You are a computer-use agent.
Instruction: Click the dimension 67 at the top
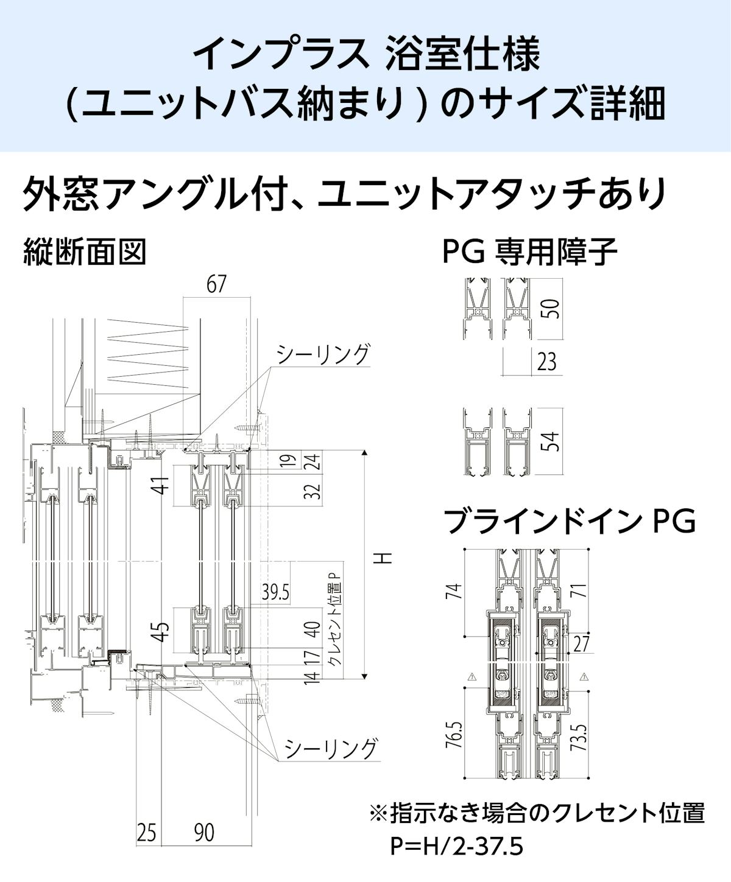point(216,284)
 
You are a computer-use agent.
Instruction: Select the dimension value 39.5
point(275,592)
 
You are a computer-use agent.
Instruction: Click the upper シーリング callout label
point(323,354)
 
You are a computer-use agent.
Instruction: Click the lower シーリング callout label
point(331,748)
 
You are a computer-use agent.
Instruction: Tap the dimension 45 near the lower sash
point(160,632)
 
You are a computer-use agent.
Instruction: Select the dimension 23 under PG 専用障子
point(546,362)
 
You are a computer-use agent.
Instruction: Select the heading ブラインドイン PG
point(569,522)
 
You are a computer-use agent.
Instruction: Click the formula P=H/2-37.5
point(457,847)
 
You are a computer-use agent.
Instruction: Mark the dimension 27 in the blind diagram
point(581,643)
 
